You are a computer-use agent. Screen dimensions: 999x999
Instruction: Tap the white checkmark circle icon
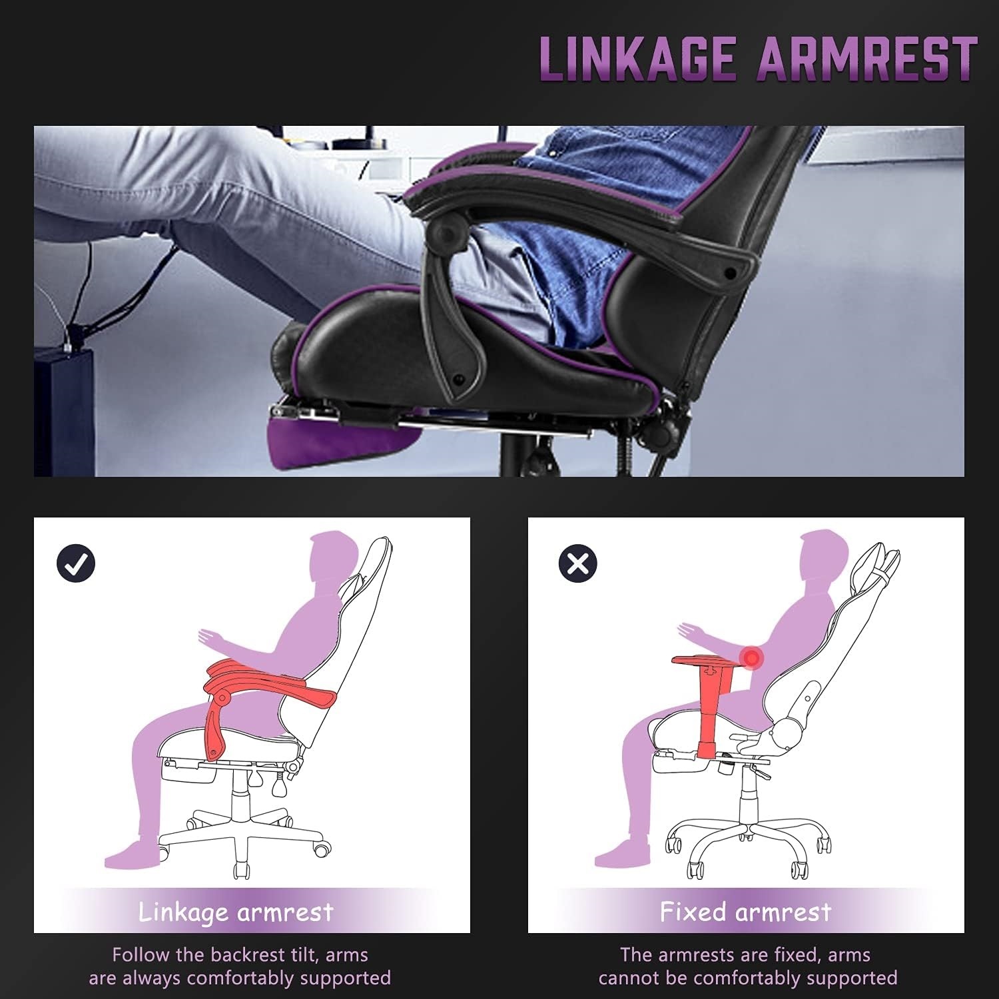coord(76,563)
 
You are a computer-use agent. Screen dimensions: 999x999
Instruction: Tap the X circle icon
coord(577,563)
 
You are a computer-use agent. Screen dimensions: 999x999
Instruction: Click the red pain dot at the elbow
coord(752,658)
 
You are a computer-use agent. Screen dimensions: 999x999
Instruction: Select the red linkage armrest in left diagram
coord(266,686)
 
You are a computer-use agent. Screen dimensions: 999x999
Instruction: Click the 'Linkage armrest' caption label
coord(236,911)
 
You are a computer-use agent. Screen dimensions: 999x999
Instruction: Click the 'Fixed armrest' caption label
coord(745,911)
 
